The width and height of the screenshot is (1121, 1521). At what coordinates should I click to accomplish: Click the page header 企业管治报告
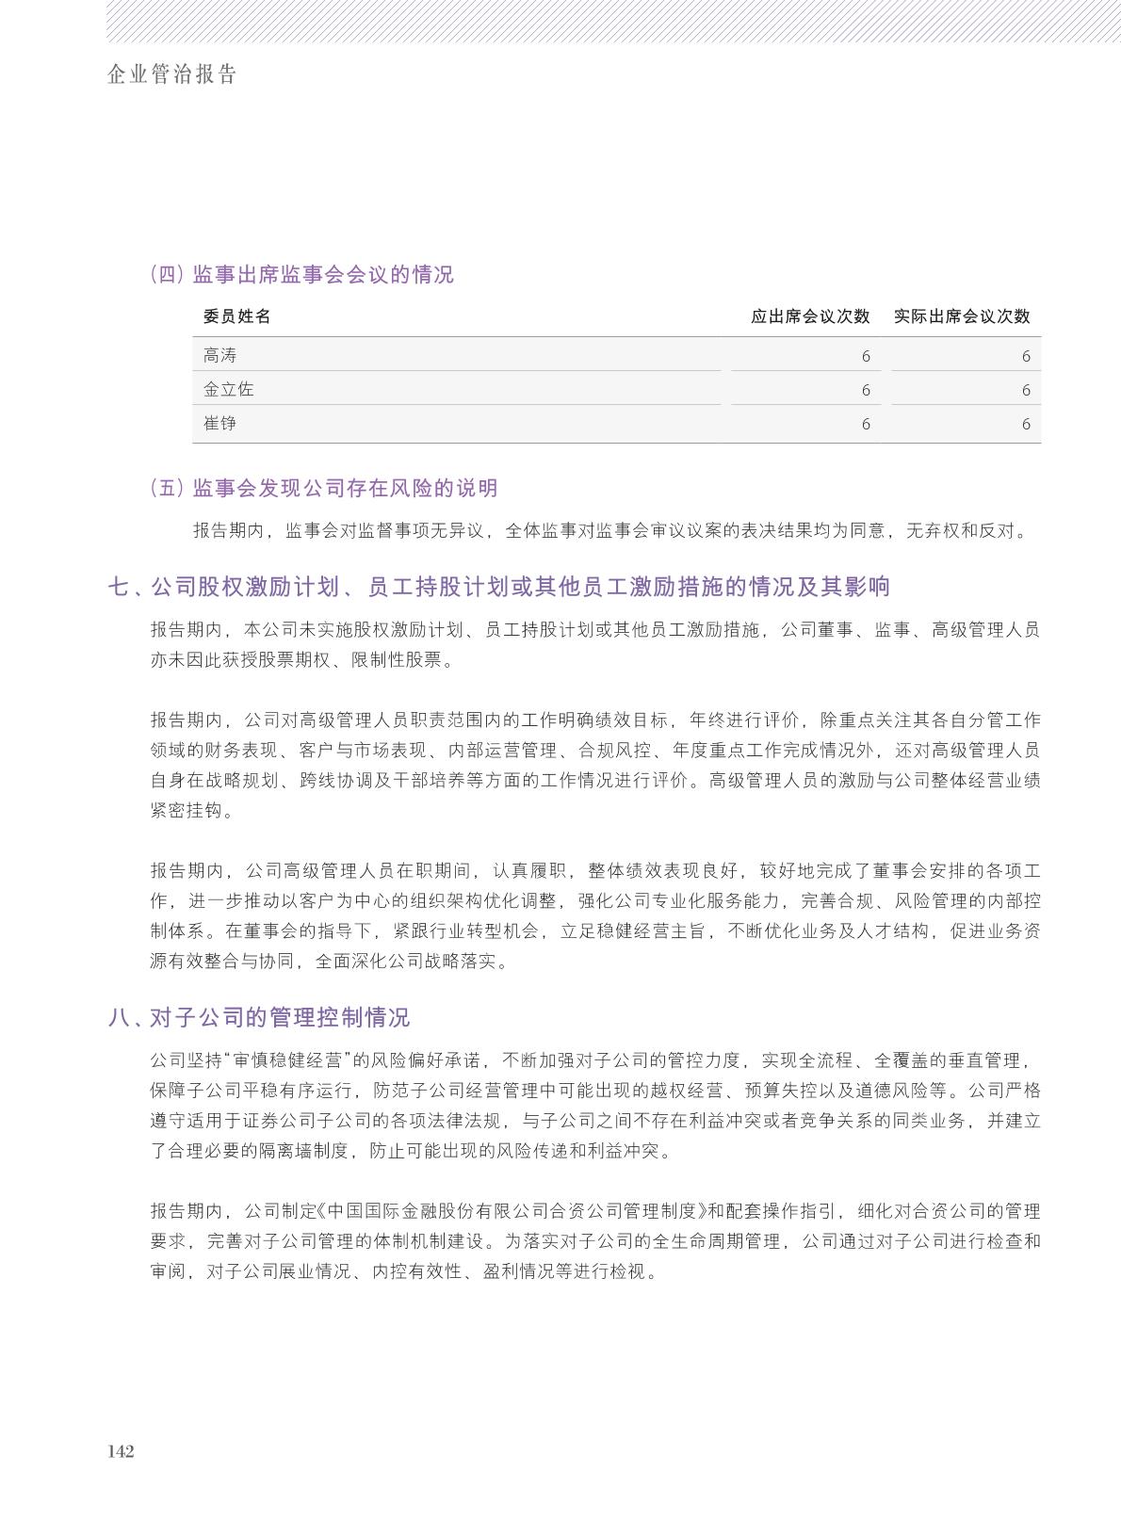click(171, 75)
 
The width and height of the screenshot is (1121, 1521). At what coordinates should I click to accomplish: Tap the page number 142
click(121, 1451)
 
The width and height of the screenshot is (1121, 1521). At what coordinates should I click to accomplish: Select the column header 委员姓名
click(236, 316)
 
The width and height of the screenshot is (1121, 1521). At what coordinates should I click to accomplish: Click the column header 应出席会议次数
click(809, 316)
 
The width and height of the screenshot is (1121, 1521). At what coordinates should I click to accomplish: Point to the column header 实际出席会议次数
click(961, 316)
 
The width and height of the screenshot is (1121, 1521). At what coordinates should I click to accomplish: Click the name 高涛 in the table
click(219, 355)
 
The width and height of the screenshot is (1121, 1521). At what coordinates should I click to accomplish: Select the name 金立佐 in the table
click(228, 389)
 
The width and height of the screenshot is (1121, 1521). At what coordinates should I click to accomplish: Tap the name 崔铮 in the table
click(219, 423)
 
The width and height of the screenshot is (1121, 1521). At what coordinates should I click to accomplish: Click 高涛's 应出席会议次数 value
click(865, 356)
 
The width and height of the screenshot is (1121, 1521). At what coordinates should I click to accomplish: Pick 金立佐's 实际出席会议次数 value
click(1025, 390)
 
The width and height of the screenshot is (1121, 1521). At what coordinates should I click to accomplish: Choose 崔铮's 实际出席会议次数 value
click(1025, 424)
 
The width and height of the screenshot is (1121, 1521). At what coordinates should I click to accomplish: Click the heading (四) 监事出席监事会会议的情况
click(301, 274)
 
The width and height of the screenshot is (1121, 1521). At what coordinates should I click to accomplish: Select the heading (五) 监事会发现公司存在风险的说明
click(323, 488)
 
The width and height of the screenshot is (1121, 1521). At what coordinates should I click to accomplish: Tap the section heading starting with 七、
click(499, 587)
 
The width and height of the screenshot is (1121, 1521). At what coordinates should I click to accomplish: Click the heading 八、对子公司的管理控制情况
click(259, 1017)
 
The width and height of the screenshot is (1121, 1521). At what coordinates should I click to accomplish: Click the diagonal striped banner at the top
click(612, 21)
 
